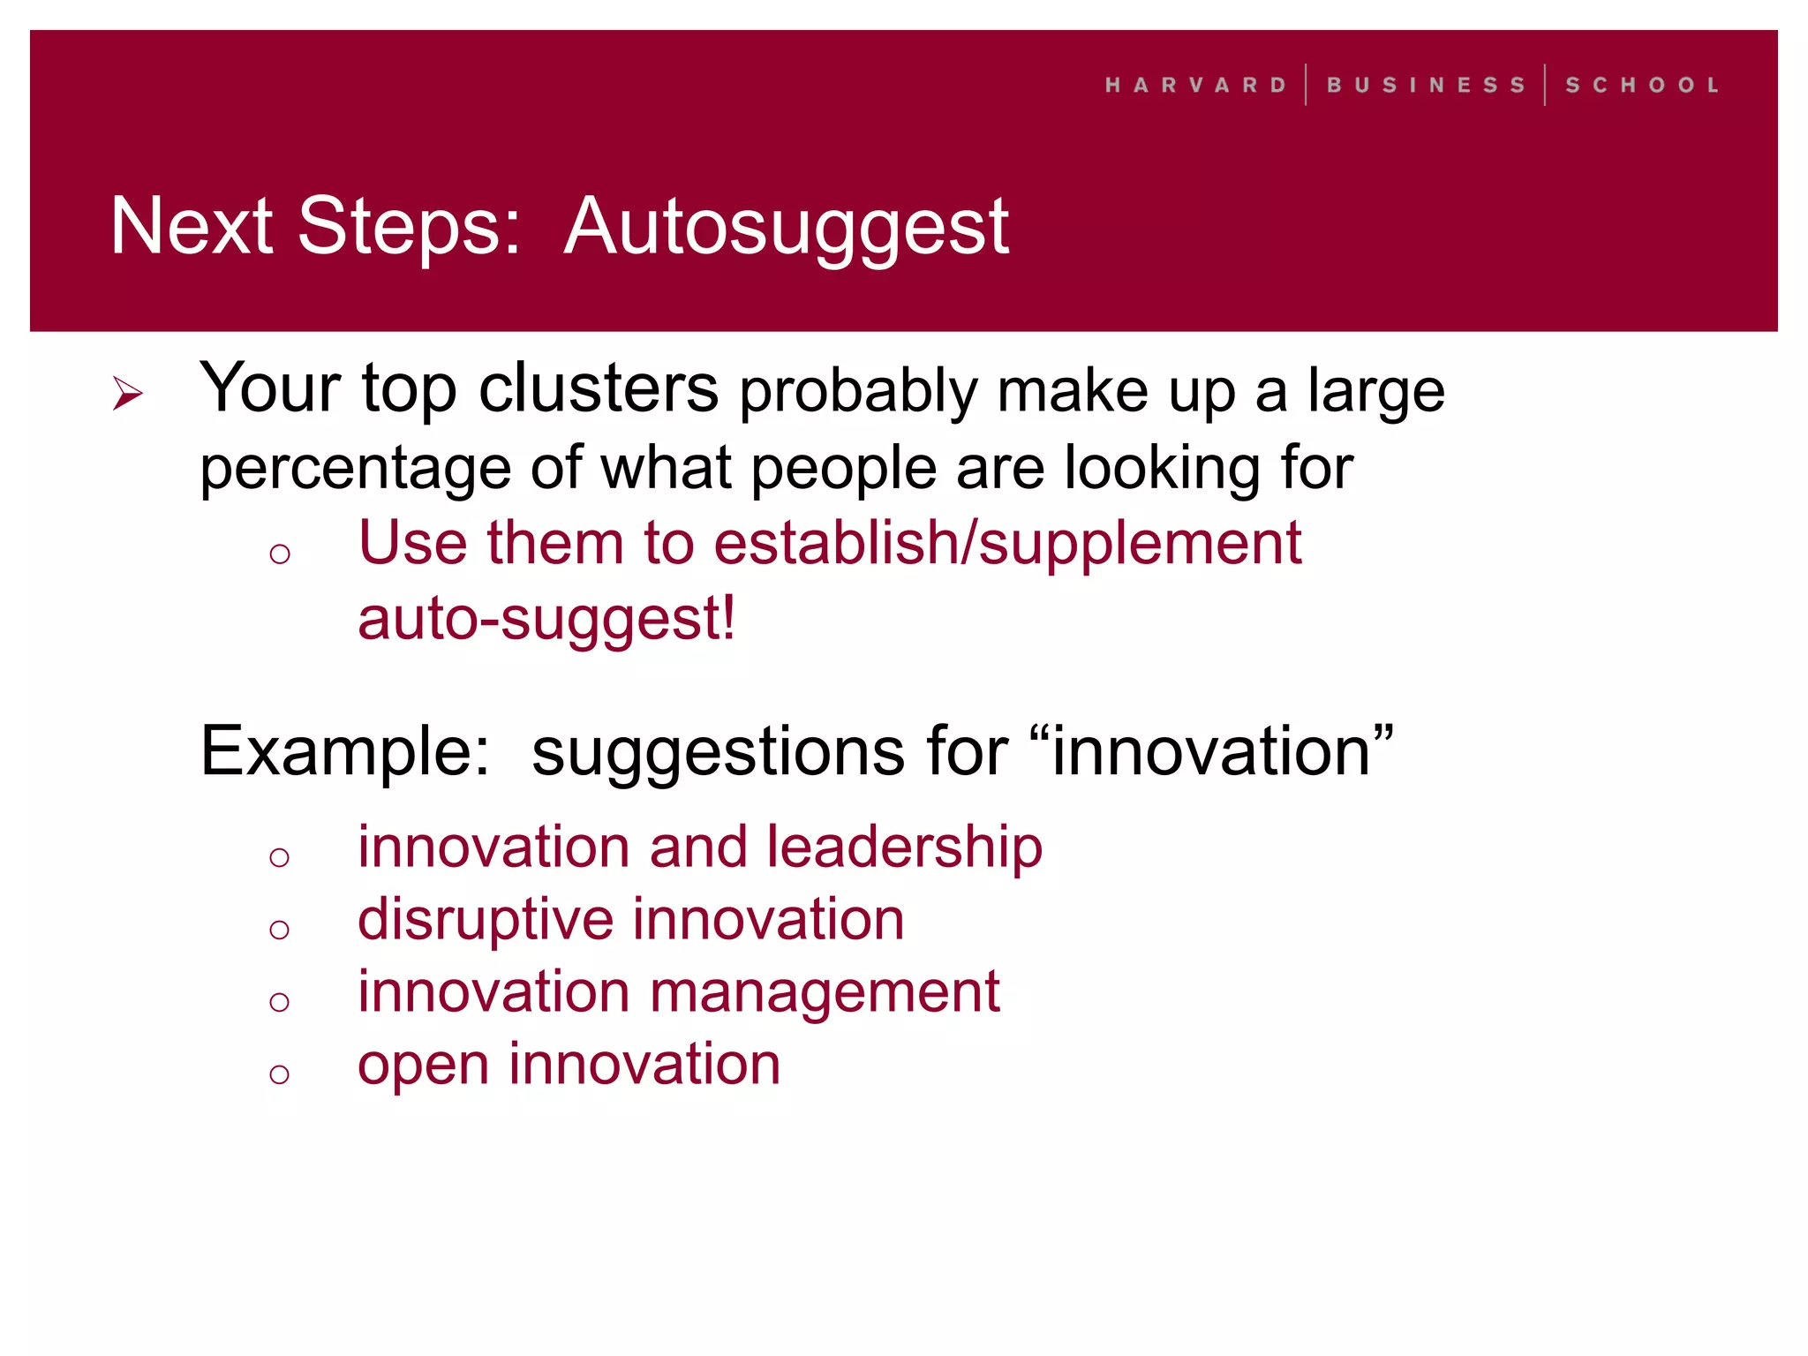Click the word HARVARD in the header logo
pyautogui.click(x=1195, y=85)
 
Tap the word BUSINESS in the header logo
pyautogui.click(x=1426, y=85)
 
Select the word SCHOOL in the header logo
pyautogui.click(x=1642, y=85)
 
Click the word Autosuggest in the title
pyautogui.click(x=786, y=227)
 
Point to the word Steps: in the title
pyautogui.click(x=409, y=227)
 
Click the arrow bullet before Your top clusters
pyautogui.click(x=128, y=393)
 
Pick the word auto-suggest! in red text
pyautogui.click(x=546, y=619)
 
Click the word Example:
pyautogui.click(x=344, y=752)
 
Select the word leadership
pyautogui.click(x=904, y=847)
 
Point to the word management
pyautogui.click(x=825, y=992)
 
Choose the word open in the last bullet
pyautogui.click(x=423, y=1066)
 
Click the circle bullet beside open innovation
pyautogui.click(x=280, y=1073)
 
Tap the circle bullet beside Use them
pyautogui.click(x=280, y=554)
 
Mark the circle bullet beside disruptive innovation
pyautogui.click(x=280, y=929)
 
